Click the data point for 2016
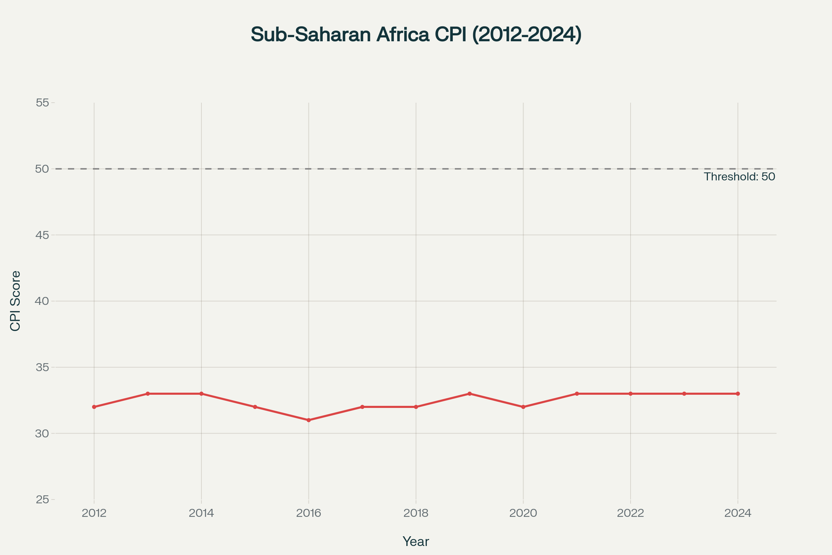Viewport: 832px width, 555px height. pos(309,420)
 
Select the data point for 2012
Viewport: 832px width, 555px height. pos(94,407)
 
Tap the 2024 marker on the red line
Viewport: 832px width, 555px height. pos(738,394)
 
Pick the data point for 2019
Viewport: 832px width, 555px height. pos(469,394)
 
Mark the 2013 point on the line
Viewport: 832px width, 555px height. pos(148,394)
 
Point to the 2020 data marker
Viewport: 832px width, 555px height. pos(523,407)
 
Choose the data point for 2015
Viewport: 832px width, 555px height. pos(255,407)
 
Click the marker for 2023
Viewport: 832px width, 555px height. pos(684,394)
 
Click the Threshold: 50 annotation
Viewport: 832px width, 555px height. pos(739,177)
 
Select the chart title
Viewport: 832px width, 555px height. pos(416,35)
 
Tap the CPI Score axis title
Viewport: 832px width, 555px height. pos(16,301)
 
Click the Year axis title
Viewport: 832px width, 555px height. pos(416,541)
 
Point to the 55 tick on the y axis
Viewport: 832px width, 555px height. pos(42,103)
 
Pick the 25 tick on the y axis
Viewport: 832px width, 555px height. pos(42,500)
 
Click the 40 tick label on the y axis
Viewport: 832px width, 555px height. pos(42,301)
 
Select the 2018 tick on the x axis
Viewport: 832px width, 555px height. pos(416,513)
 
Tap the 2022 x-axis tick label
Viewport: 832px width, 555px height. pos(630,513)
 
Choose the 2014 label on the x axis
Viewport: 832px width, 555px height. pos(201,513)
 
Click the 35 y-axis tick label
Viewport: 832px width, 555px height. pos(42,367)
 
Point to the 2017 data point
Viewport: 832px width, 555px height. pos(362,407)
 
